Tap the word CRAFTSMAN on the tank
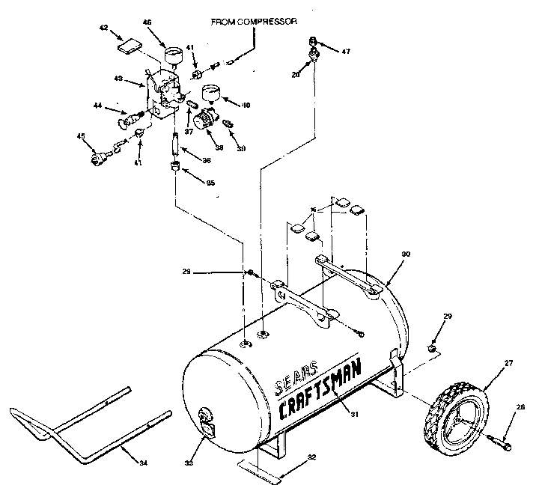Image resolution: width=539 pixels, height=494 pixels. click(x=323, y=391)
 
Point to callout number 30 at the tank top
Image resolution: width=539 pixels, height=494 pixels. click(x=406, y=254)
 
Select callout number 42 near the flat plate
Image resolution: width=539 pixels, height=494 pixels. click(x=103, y=28)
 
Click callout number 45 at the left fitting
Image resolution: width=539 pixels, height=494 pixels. click(x=81, y=135)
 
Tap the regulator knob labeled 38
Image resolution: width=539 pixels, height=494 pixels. click(x=205, y=120)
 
